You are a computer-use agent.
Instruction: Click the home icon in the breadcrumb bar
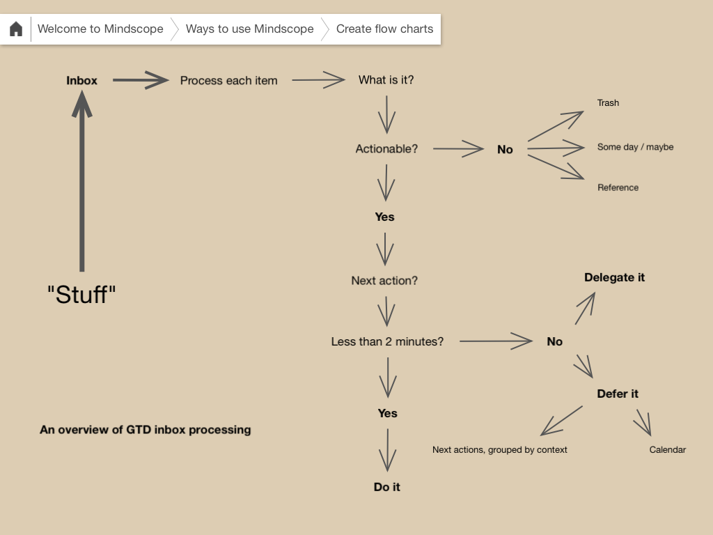pos(16,29)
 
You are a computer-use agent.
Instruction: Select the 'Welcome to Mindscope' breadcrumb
pos(100,29)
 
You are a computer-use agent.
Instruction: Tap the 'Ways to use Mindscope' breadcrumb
pos(249,29)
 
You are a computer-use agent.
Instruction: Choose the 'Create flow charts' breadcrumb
pos(384,29)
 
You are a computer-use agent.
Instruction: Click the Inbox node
pos(82,81)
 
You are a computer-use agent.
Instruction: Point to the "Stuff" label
pos(81,295)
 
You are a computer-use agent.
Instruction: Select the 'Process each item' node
pos(228,81)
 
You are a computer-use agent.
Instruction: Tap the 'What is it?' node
pos(386,80)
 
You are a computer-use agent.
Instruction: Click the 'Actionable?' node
pos(386,149)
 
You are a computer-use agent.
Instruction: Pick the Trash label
pos(608,103)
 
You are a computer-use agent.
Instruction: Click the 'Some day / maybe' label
pos(635,147)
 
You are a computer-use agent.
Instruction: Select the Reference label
pos(618,187)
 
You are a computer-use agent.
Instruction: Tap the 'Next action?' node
pos(384,281)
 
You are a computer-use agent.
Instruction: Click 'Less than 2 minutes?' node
pos(387,341)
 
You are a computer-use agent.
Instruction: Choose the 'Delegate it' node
pos(614,277)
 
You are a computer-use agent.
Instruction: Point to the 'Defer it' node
pos(617,394)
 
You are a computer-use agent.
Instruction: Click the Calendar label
pos(667,450)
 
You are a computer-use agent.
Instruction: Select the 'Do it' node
pos(386,487)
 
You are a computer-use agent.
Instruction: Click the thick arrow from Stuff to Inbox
pos(82,188)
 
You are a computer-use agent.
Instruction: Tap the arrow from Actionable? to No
pos(458,148)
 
